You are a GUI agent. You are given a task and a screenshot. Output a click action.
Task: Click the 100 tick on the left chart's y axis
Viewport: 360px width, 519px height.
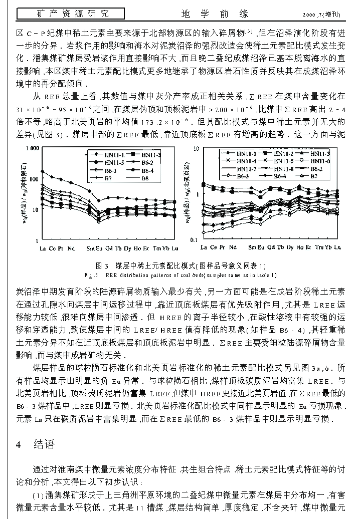pyautogui.click(x=34, y=179)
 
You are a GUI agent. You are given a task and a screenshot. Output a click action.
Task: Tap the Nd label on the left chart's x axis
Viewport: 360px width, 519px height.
pyautogui.click(x=71, y=248)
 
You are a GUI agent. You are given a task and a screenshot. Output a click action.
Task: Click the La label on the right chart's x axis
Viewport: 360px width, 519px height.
pyautogui.click(x=204, y=247)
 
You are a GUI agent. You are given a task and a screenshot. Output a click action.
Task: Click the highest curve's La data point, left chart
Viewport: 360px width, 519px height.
pyautogui.click(x=43, y=172)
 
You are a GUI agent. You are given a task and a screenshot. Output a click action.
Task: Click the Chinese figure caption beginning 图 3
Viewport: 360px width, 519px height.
pyautogui.click(x=181, y=266)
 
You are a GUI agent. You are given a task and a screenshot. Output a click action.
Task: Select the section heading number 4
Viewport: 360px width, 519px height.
pyautogui.click(x=18, y=444)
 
